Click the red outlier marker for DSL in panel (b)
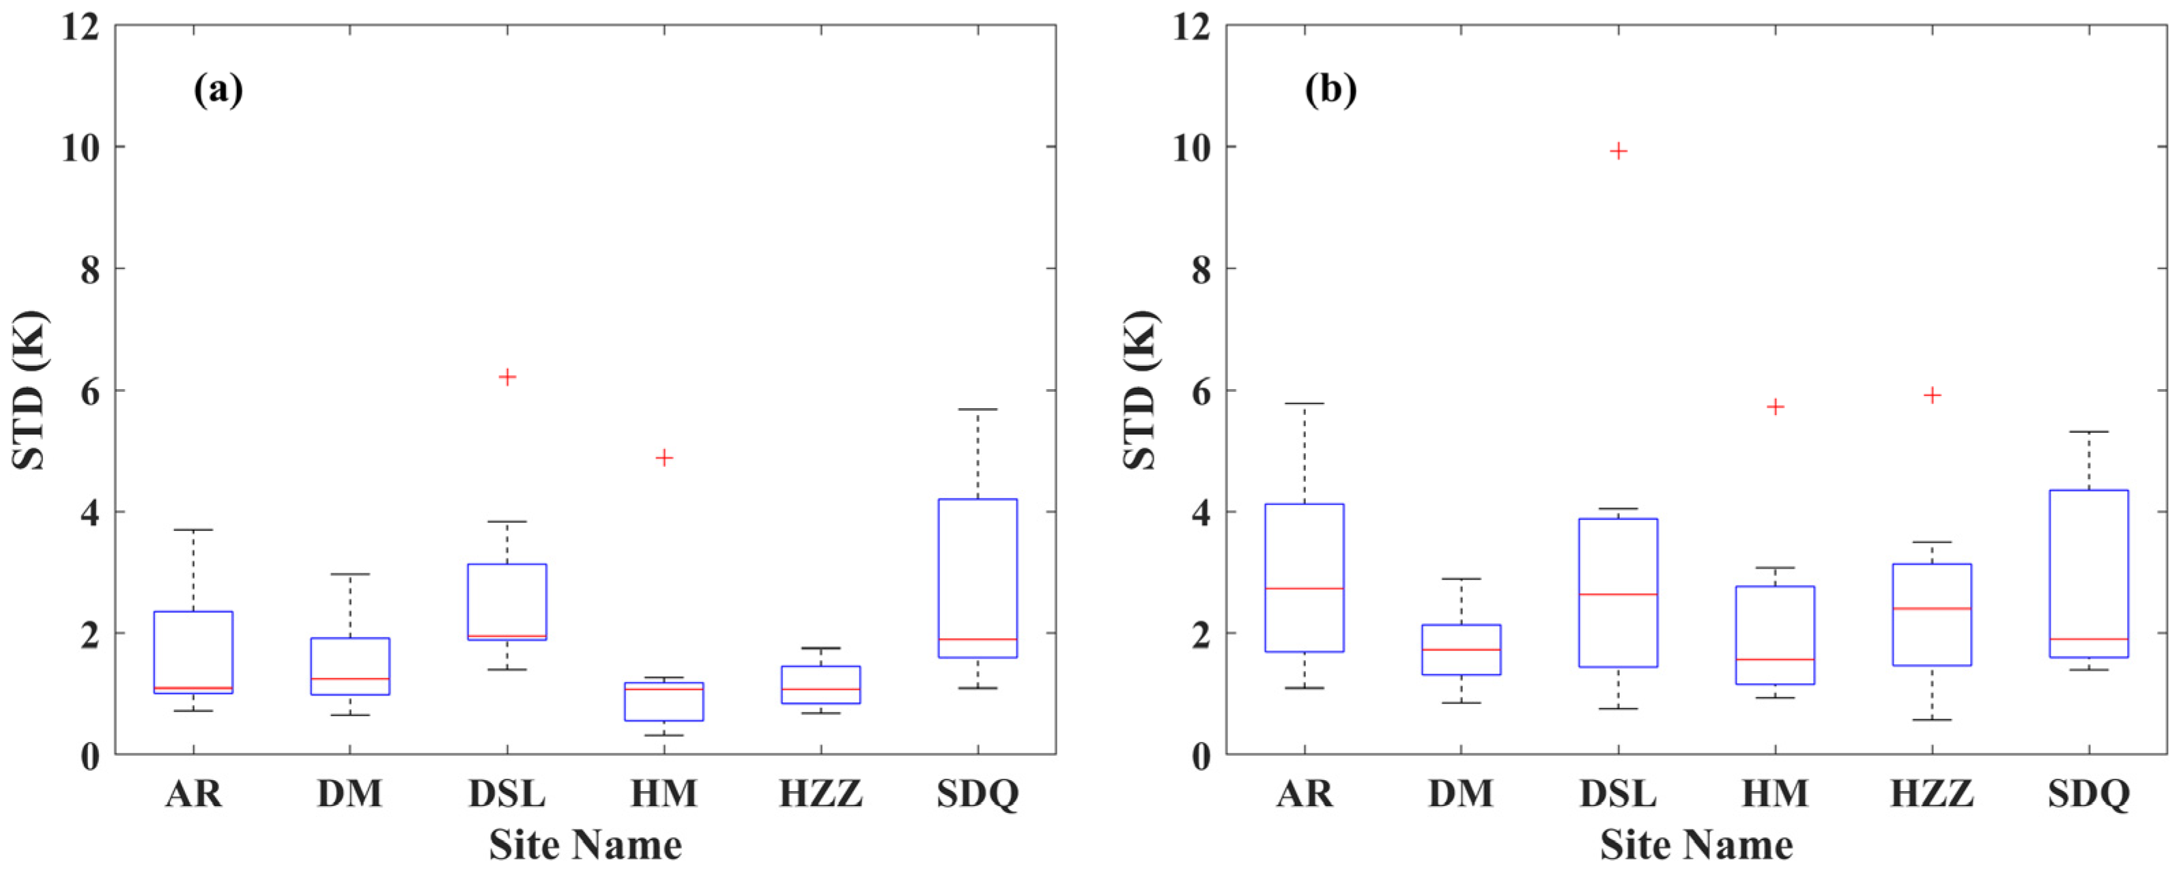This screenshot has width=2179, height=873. (x=1618, y=152)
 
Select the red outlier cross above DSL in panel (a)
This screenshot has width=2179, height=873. (x=507, y=377)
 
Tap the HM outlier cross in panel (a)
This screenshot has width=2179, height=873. (x=664, y=457)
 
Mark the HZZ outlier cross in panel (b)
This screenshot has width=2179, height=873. (x=1932, y=395)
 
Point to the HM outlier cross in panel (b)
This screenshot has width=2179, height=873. (x=1776, y=407)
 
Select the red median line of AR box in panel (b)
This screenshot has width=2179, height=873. (x=1305, y=588)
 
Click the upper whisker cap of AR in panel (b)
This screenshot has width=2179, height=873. (x=1305, y=403)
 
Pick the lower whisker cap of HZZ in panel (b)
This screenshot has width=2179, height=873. (x=1932, y=720)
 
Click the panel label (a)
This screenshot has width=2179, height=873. (x=218, y=89)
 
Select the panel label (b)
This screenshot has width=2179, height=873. (x=1330, y=89)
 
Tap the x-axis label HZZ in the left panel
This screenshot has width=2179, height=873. (x=821, y=795)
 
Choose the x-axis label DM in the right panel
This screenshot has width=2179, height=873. (x=1461, y=795)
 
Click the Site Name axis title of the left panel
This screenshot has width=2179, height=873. (x=585, y=845)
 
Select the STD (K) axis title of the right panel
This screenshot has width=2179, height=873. (x=1142, y=389)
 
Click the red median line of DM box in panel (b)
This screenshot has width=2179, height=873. (x=1461, y=650)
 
